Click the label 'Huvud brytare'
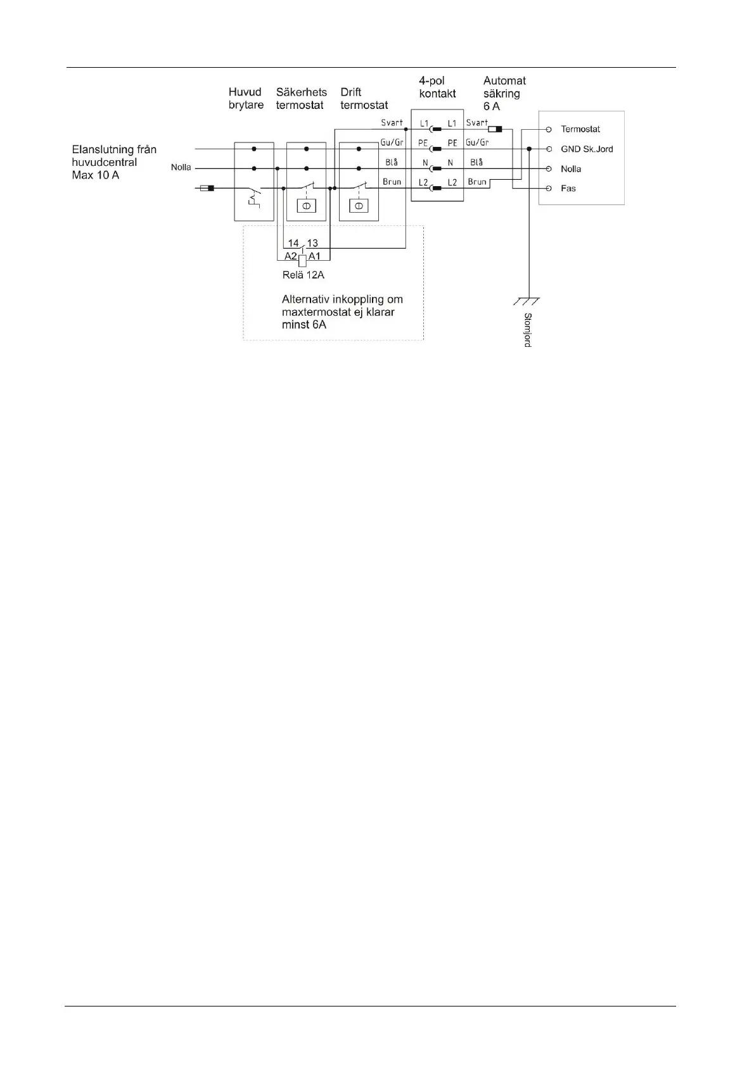point(246,99)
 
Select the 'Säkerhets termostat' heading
point(301,99)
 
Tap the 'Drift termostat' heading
point(364,99)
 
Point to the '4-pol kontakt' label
point(437,87)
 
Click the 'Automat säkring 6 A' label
point(504,93)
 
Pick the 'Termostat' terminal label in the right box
point(580,129)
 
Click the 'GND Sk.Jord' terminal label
point(587,149)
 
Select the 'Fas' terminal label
point(568,189)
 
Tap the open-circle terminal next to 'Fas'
point(549,189)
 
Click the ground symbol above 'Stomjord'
point(527,301)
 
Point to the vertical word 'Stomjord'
point(527,330)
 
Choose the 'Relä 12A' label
point(304,275)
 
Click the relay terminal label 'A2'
point(290,256)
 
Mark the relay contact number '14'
point(293,243)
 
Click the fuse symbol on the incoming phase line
point(207,188)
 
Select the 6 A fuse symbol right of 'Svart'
point(495,129)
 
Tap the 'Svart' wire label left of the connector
point(392,123)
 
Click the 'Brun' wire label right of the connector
point(476,182)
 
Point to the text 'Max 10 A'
point(95,175)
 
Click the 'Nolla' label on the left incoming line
point(181,168)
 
